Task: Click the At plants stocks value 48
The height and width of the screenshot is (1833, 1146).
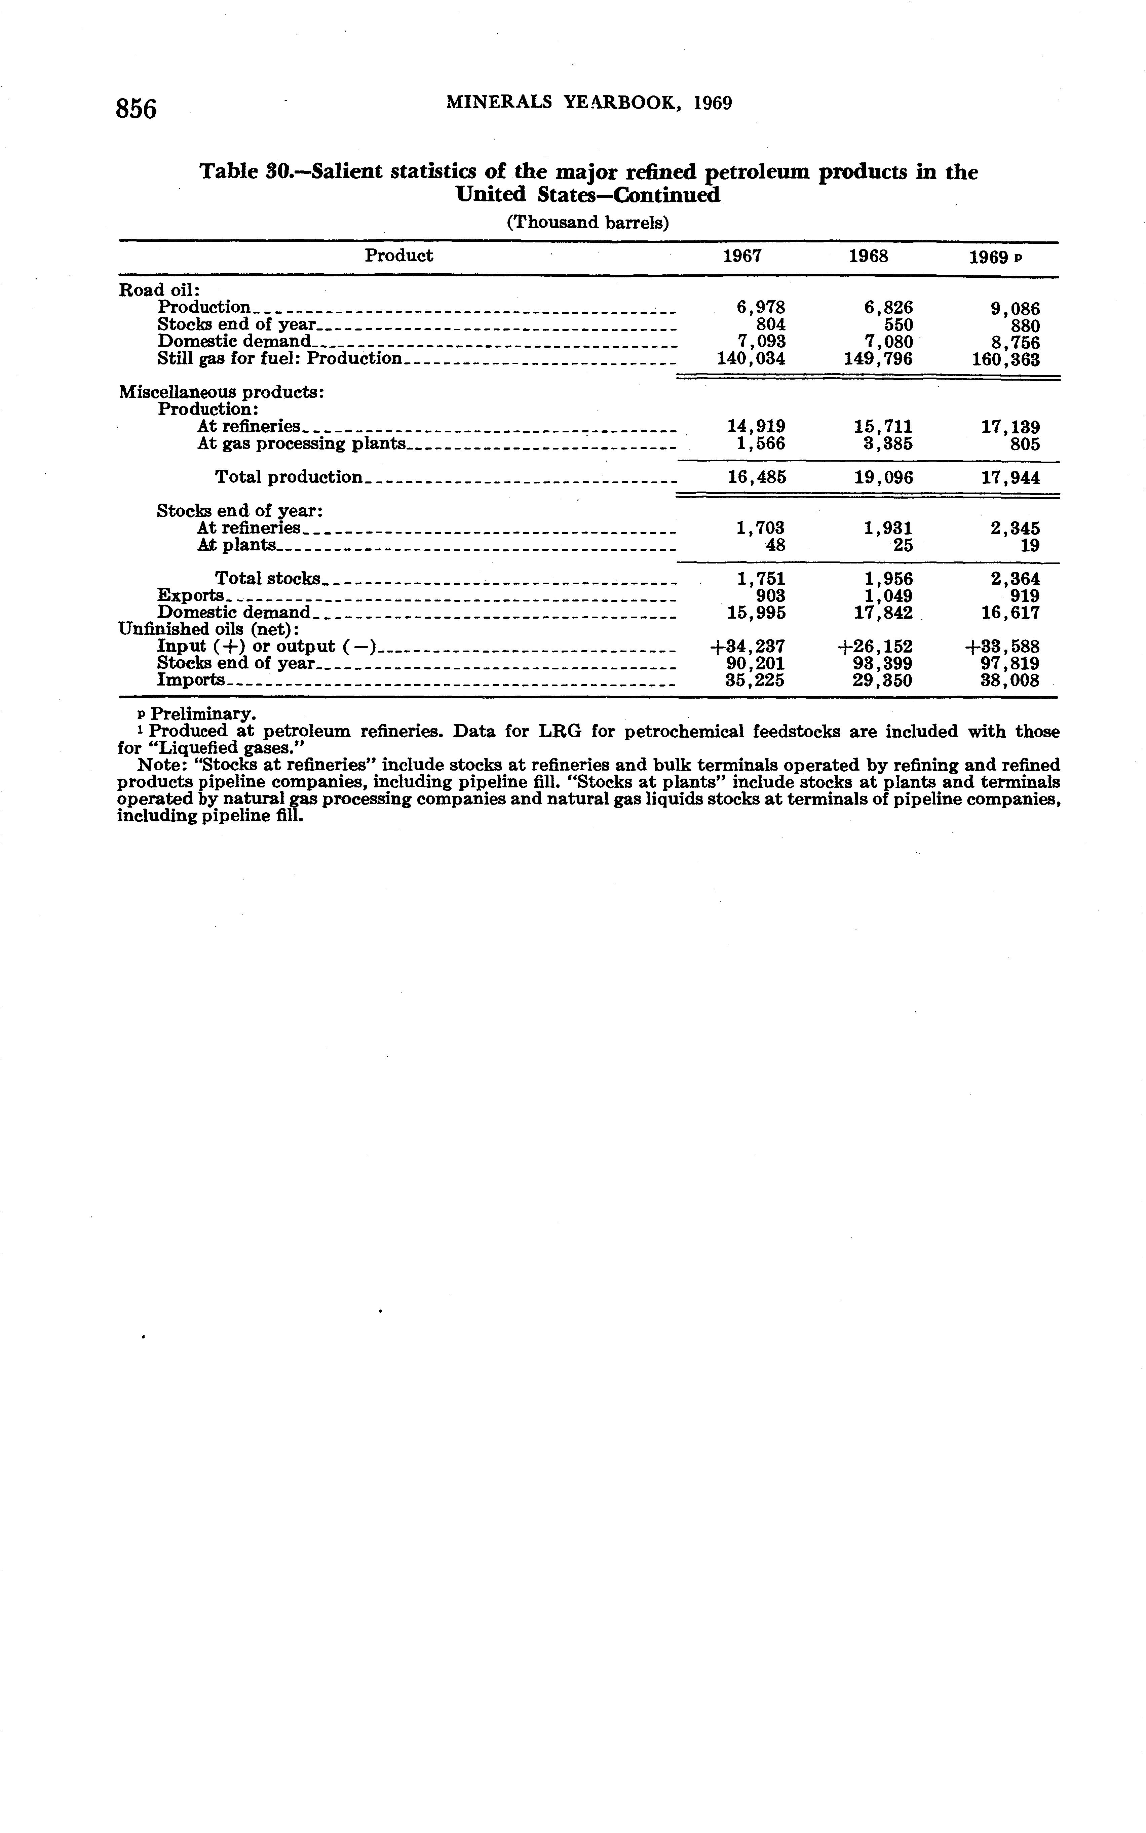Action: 775,545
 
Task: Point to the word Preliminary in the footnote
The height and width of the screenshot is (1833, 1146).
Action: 203,714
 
